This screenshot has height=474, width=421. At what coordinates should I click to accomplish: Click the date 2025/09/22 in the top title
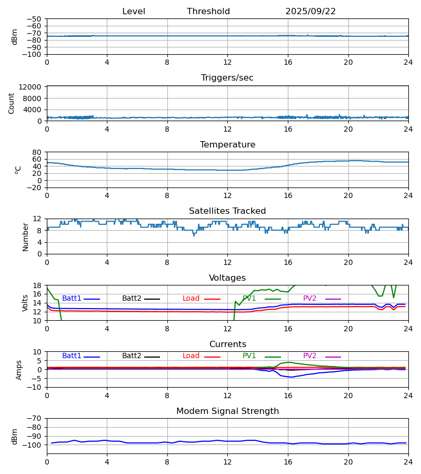point(310,12)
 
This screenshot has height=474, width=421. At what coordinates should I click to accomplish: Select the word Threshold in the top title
point(208,12)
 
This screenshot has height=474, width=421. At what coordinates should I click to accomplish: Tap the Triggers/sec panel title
point(227,78)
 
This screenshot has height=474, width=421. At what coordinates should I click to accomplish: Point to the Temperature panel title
point(227,145)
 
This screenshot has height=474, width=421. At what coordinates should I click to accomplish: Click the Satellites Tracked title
point(227,211)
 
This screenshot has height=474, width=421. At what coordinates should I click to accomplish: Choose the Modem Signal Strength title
point(227,411)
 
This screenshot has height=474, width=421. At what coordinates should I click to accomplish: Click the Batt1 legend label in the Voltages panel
point(72,299)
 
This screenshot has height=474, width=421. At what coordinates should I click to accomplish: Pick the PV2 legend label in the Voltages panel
point(309,299)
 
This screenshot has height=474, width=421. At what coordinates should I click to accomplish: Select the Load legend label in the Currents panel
point(191,356)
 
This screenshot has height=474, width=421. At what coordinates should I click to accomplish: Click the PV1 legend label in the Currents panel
point(249,356)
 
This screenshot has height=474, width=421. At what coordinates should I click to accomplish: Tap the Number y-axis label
point(26,236)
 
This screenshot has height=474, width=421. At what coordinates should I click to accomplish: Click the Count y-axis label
point(12,103)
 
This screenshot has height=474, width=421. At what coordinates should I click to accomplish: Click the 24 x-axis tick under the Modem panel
point(408,461)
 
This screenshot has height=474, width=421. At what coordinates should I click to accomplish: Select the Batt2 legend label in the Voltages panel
point(131,299)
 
